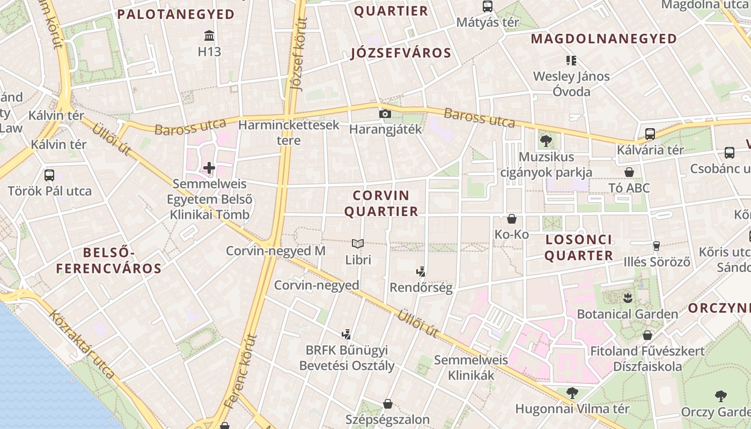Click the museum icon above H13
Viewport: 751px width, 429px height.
click(x=209, y=36)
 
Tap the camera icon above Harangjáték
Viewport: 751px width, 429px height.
click(x=385, y=114)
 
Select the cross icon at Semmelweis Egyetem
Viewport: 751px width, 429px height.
click(x=209, y=168)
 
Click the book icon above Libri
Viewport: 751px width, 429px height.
click(x=358, y=243)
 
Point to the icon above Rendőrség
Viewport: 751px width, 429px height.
click(x=422, y=271)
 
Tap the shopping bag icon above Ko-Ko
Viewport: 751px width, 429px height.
click(x=512, y=219)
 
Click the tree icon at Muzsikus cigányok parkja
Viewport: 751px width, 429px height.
click(x=546, y=141)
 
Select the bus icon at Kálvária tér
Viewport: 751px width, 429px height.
click(x=650, y=134)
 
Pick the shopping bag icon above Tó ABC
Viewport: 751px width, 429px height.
click(x=629, y=172)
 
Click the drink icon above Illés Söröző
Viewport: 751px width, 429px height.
click(x=656, y=246)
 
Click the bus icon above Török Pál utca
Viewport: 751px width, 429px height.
click(x=49, y=175)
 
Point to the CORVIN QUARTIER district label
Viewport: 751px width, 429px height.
click(x=381, y=203)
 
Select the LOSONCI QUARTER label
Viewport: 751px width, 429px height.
click(x=578, y=247)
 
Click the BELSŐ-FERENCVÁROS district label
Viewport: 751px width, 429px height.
click(x=109, y=260)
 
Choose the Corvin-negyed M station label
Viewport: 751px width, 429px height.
click(x=275, y=251)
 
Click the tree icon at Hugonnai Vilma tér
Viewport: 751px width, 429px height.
click(x=572, y=393)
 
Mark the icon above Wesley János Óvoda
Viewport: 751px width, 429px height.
click(x=571, y=60)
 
